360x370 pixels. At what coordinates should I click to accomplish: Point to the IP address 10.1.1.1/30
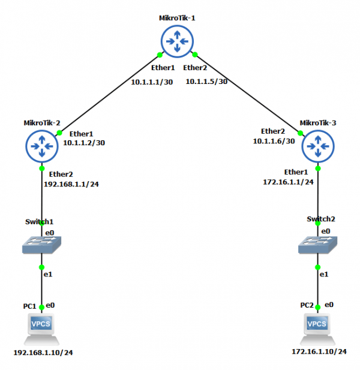click(152, 82)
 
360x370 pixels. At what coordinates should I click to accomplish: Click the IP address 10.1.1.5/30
click(206, 82)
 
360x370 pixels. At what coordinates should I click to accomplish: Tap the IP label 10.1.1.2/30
click(84, 143)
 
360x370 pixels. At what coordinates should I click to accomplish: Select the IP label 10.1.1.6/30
click(274, 141)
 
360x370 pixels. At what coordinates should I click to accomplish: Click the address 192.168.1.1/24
click(71, 184)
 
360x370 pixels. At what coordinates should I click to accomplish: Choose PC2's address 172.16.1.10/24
click(319, 351)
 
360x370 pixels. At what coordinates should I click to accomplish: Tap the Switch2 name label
click(319, 220)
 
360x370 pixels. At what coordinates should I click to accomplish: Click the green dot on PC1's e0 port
click(41, 307)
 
